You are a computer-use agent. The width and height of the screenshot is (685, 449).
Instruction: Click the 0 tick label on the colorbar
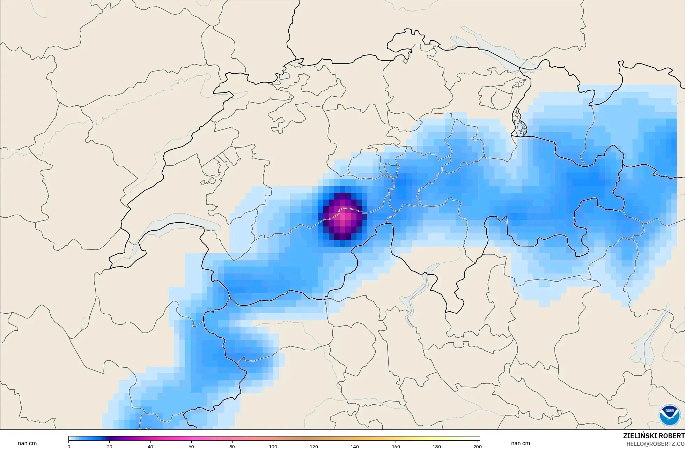pos(69,447)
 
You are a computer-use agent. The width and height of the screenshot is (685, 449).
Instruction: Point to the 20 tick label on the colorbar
pos(110,447)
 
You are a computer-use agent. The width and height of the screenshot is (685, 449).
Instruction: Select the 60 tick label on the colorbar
pos(191,447)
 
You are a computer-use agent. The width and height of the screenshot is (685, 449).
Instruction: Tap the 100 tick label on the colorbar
pos(273,447)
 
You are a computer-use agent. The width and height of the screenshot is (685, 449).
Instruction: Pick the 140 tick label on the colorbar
pos(355,447)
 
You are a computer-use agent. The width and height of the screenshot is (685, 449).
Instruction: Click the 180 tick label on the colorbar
pos(436,447)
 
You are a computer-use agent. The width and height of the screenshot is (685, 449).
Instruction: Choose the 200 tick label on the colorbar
pos(477,447)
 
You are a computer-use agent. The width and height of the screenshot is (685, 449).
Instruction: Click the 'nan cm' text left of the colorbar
pos(27,443)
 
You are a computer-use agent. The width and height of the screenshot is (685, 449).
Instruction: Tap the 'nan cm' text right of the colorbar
pos(520,443)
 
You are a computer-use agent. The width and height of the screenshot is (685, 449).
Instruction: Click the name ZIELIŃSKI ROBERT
pos(654,436)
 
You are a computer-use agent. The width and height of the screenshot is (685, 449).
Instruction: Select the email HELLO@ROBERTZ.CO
pos(655,444)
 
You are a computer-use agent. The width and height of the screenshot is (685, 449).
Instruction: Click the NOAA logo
pos(670,415)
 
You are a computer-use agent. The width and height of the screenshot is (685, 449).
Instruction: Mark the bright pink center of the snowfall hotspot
pos(344,216)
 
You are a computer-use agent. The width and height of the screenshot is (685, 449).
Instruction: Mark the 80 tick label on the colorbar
pos(232,447)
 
